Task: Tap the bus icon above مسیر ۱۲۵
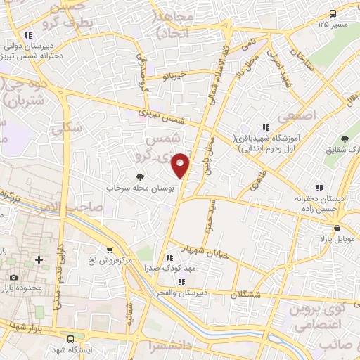pos(333,13)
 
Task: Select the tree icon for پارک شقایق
pos(345,140)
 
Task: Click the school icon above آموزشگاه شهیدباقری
pos(266,128)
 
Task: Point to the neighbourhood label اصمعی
pos(302,113)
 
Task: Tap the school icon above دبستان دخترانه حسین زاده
pos(319,188)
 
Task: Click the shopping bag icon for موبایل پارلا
pos(338,228)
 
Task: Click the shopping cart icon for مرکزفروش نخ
pos(110,250)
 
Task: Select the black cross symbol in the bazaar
pos(39,260)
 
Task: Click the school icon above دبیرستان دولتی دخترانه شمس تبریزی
pos(27,35)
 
